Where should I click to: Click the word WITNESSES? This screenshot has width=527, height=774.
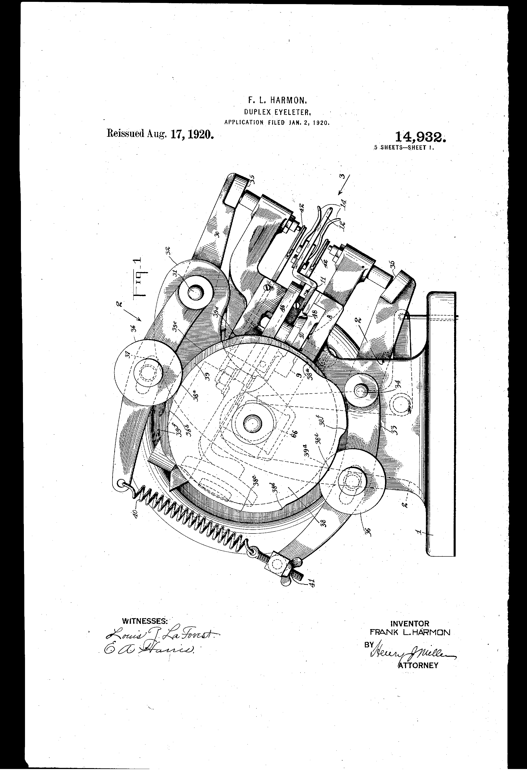pyautogui.click(x=145, y=621)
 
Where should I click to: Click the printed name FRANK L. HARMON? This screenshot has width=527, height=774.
pyautogui.click(x=410, y=632)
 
